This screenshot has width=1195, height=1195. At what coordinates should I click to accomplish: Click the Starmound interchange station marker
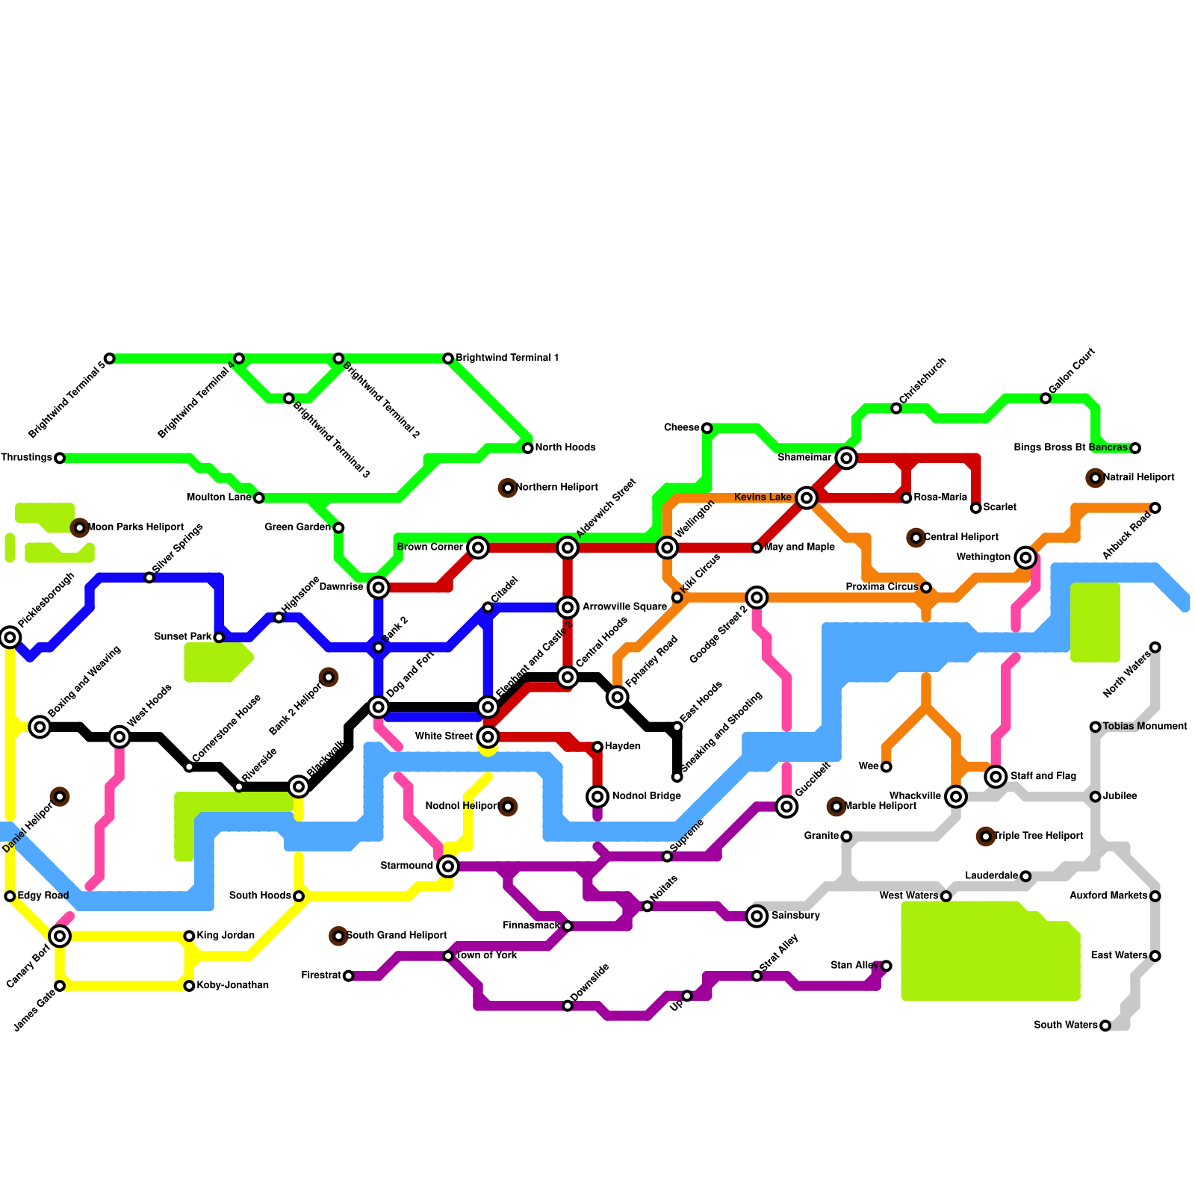pyautogui.click(x=448, y=866)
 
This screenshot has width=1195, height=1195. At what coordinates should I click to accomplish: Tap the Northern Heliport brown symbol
pyautogui.click(x=508, y=488)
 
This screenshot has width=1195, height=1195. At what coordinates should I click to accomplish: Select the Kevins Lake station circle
pyautogui.click(x=806, y=497)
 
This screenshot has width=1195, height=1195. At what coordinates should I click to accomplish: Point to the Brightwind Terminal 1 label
pyautogui.click(x=507, y=358)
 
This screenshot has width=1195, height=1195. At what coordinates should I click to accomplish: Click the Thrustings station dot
pyautogui.click(x=60, y=458)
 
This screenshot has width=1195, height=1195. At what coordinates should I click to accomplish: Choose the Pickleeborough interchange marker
pyautogui.click(x=10, y=637)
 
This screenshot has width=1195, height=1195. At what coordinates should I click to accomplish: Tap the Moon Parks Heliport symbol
pyautogui.click(x=80, y=528)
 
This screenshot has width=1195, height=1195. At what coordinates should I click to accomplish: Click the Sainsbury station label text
pyautogui.click(x=795, y=916)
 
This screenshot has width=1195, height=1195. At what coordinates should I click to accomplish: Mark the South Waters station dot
pyautogui.click(x=1105, y=1025)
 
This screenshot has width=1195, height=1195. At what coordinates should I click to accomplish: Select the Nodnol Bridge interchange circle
pyautogui.click(x=597, y=796)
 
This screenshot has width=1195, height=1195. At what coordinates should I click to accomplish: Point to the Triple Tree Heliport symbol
pyautogui.click(x=986, y=836)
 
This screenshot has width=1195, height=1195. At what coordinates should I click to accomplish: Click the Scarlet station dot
pyautogui.click(x=975, y=508)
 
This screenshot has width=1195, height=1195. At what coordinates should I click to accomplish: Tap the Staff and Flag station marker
pyautogui.click(x=996, y=777)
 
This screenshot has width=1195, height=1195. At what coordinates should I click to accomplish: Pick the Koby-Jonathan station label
pyautogui.click(x=232, y=986)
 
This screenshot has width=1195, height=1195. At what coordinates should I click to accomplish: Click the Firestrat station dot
pyautogui.click(x=348, y=975)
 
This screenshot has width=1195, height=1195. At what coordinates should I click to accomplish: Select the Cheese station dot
pyautogui.click(x=707, y=428)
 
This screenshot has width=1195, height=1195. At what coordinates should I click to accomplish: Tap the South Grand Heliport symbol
pyautogui.click(x=338, y=936)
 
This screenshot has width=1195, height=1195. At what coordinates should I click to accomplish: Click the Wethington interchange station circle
pyautogui.click(x=1025, y=557)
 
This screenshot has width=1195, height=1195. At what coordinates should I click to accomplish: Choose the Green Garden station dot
pyautogui.click(x=338, y=528)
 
